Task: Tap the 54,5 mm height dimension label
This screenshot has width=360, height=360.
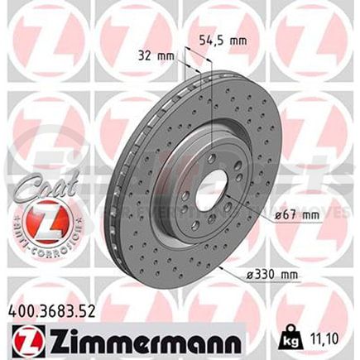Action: coord(223,38)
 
